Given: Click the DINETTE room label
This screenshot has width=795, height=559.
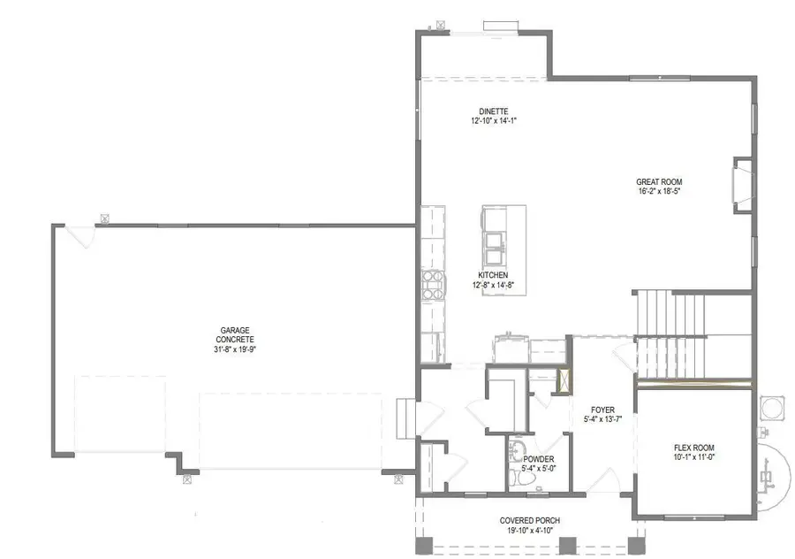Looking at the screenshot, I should (x=492, y=111).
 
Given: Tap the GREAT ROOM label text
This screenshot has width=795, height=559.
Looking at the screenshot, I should (x=659, y=181).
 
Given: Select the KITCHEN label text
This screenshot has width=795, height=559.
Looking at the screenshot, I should (x=493, y=275).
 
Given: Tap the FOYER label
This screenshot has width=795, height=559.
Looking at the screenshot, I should (x=603, y=410).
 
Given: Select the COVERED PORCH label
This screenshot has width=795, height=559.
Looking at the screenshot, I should (x=530, y=520).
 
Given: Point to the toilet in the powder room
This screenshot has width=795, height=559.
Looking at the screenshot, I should (x=516, y=479).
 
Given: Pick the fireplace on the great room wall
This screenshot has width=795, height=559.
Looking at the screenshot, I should (x=742, y=184).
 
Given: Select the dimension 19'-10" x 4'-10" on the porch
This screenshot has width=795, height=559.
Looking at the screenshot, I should (x=530, y=531).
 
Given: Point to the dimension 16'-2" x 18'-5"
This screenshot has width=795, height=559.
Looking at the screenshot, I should (x=659, y=191).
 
